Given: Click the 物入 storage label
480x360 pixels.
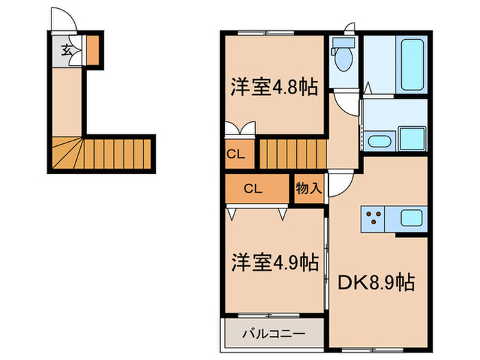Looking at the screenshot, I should (x=309, y=188).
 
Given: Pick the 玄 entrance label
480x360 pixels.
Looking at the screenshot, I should (x=67, y=50).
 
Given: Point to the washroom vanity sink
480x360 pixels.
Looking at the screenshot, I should (x=379, y=141).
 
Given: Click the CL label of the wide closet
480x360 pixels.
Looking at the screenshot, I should (x=252, y=188).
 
